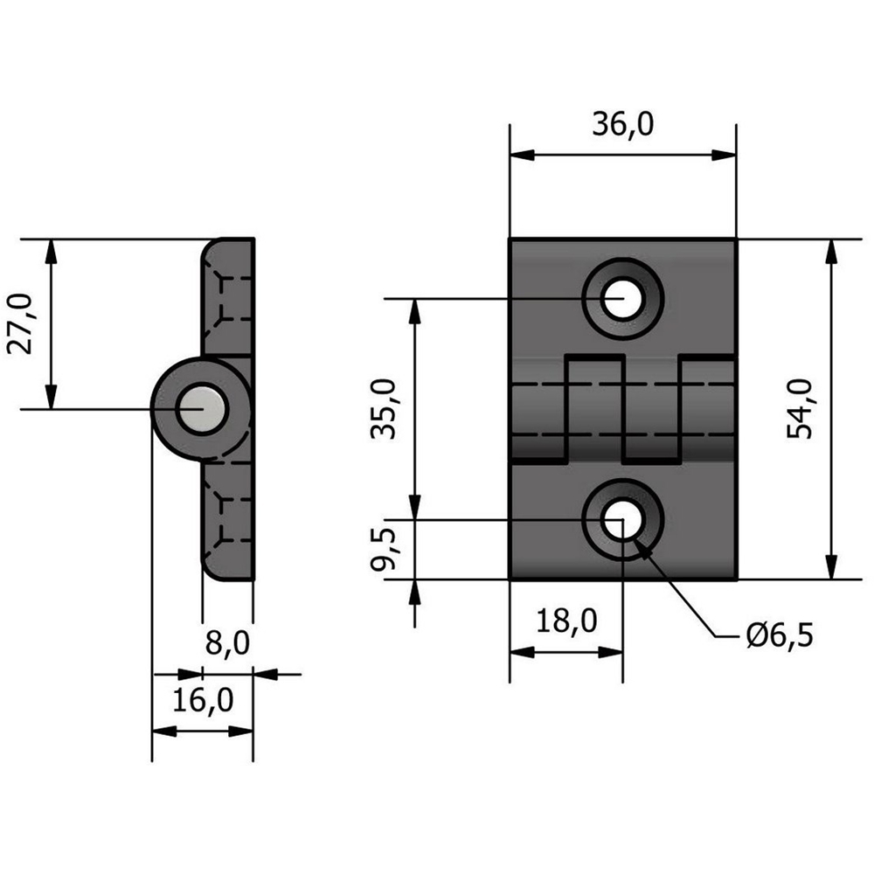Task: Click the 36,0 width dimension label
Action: (622, 126)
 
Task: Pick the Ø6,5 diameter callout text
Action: (779, 635)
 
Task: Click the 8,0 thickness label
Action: (226, 644)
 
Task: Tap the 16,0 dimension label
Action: (202, 700)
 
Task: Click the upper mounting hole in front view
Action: (621, 299)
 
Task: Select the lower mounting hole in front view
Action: (621, 521)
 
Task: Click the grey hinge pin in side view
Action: (203, 409)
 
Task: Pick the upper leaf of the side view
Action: (229, 297)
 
